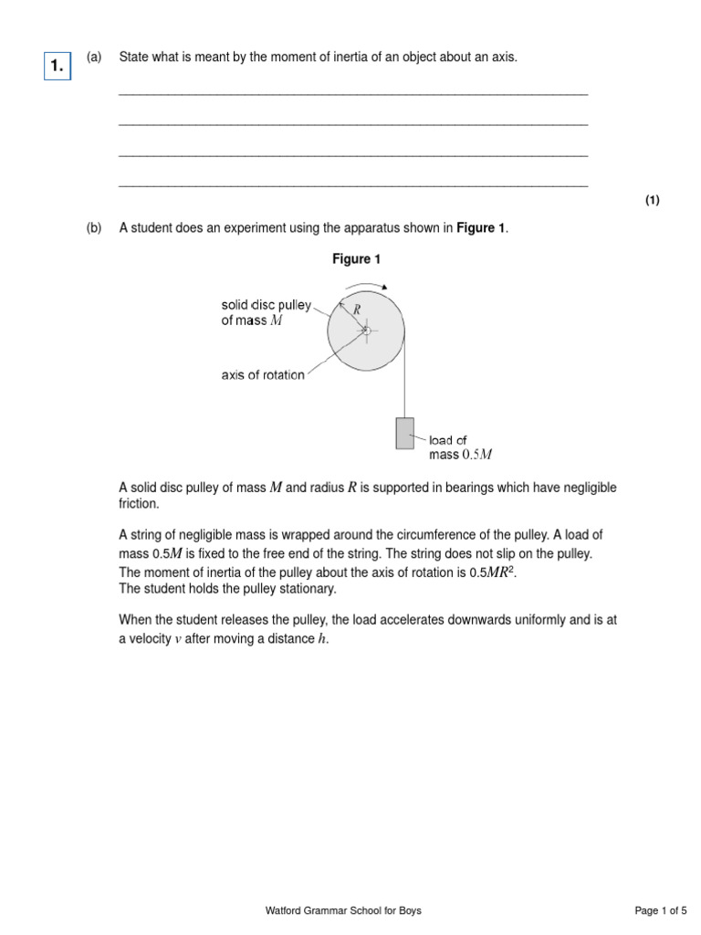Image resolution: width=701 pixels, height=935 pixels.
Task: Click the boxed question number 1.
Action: point(58,66)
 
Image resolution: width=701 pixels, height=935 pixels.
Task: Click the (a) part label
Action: point(93,58)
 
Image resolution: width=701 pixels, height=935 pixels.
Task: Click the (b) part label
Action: point(94,228)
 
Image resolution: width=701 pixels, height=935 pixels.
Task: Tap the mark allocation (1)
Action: point(652,201)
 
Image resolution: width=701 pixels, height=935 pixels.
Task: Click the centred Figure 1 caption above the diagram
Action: point(356,259)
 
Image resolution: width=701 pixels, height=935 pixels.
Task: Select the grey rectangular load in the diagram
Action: point(404,433)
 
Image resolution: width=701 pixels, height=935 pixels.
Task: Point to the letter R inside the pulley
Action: point(357,310)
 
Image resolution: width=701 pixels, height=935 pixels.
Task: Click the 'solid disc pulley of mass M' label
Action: point(266,312)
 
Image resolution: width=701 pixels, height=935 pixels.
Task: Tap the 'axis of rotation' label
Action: point(263,375)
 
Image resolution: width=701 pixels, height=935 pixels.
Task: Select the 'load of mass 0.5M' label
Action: point(462,447)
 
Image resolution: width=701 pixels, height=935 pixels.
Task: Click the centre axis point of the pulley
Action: point(366,330)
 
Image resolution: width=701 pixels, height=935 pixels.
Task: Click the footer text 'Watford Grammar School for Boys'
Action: point(343,910)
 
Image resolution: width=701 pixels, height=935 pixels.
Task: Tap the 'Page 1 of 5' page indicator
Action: point(662,910)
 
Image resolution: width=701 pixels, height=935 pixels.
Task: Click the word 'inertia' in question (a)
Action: point(326,58)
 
